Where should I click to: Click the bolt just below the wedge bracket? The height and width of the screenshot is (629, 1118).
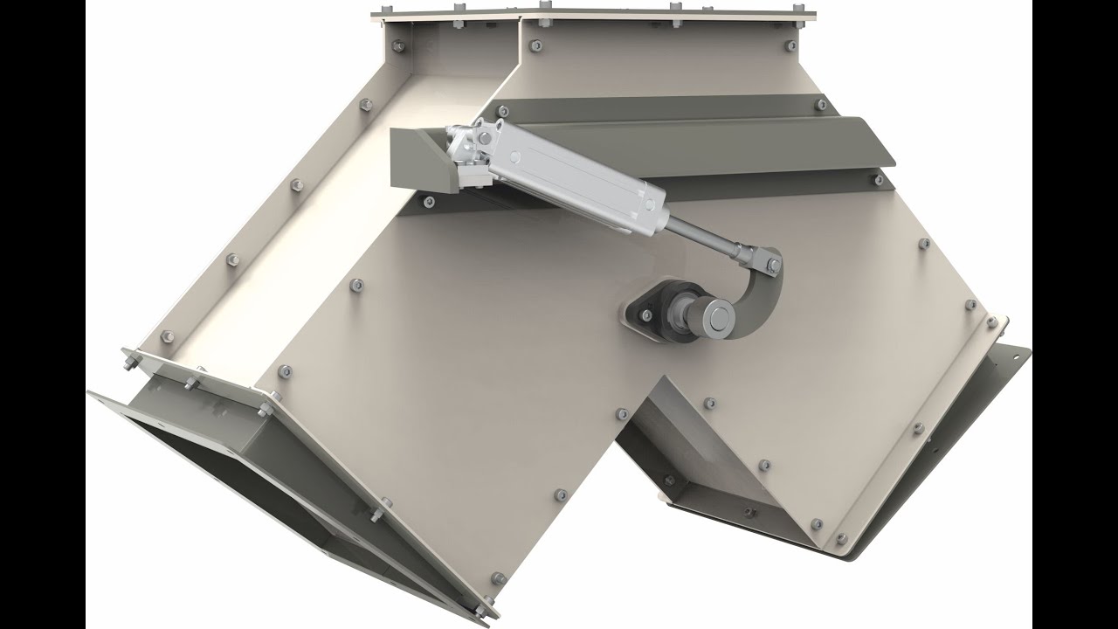[428, 202]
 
